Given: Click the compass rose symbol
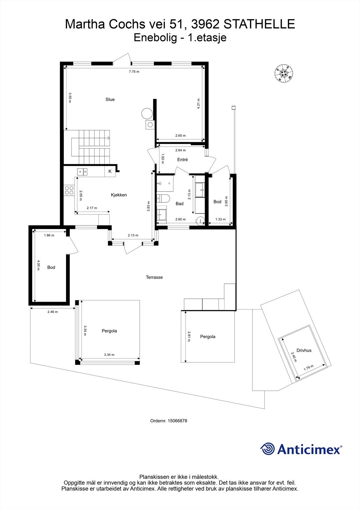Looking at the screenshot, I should [284, 74].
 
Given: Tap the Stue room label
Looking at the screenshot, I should [110, 100].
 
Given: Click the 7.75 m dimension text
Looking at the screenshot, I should [134, 72].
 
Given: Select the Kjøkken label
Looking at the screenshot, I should [119, 195].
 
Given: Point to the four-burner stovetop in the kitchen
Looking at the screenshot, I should [69, 190].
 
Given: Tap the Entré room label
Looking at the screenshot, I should [182, 160].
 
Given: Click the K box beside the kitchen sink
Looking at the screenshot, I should [110, 171].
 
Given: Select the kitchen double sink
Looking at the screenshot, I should [82, 172].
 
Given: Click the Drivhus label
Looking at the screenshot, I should [304, 350].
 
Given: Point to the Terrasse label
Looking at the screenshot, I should [154, 277].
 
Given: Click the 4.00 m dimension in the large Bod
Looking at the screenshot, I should [38, 265].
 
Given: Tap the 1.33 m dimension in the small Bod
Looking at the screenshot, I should [220, 219].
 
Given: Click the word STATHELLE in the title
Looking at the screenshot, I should [259, 24].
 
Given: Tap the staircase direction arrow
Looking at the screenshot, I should [109, 138].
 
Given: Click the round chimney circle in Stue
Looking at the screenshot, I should [147, 113].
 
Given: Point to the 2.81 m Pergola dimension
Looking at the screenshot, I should [188, 336].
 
